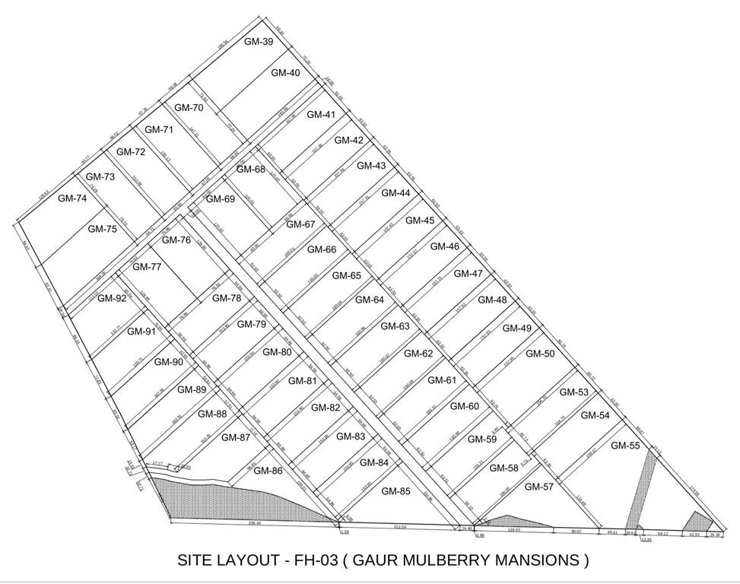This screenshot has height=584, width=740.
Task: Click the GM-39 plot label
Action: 259,42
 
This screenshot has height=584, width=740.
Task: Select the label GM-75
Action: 103,229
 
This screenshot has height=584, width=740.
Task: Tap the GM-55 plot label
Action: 626,446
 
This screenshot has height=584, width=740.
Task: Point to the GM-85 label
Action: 395,491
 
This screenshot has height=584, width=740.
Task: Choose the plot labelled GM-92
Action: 112,298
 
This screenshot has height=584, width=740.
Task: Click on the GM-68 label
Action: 250,169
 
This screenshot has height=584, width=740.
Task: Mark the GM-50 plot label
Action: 540,354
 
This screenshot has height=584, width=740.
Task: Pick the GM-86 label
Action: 268,471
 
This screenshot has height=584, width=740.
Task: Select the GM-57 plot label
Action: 538,487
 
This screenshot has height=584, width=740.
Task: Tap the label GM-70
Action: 188,108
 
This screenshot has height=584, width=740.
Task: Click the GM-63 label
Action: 395,326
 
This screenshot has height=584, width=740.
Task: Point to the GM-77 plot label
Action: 147,267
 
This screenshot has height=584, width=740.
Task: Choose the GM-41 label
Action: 321,115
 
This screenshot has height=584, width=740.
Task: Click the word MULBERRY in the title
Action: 439,561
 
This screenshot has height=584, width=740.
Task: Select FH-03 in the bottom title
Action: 312,561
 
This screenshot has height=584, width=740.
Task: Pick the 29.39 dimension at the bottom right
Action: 715,535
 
